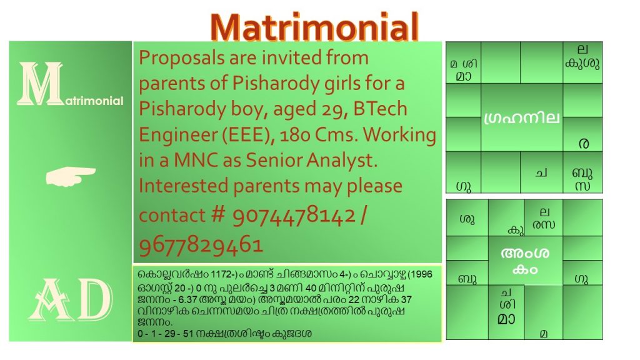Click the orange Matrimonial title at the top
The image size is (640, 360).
point(315,27)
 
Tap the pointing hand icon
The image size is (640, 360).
point(71,176)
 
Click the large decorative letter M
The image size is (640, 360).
point(41,84)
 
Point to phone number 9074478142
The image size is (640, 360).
point(294,215)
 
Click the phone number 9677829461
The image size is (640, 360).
point(201,245)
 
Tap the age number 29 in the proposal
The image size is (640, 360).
point(337,109)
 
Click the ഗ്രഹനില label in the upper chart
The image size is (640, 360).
point(521,118)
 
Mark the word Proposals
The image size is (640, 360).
point(181,58)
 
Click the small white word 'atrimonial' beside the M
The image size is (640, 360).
point(94,101)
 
